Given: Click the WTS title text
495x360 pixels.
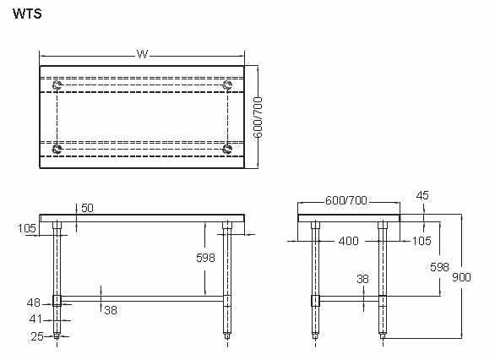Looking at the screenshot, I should (28, 14).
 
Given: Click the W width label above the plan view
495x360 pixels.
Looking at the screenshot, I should (142, 54).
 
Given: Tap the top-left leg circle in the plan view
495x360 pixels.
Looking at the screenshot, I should (57, 85).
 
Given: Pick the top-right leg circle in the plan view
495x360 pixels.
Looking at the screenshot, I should (226, 85).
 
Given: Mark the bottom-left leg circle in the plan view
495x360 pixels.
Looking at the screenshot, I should (57, 150).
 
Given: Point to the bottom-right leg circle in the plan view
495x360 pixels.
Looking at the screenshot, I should (226, 150).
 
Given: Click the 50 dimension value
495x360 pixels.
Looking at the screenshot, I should (88, 207).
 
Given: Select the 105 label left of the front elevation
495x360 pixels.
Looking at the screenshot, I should (27, 228).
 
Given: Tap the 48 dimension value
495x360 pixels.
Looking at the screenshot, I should (34, 302).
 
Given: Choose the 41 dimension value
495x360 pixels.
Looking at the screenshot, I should (34, 319).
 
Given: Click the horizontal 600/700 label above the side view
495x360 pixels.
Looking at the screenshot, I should (345, 200).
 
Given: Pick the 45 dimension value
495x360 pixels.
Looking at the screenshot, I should (422, 195).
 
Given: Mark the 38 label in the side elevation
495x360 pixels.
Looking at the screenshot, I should (362, 278).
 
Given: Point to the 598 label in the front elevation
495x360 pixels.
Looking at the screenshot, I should (205, 258).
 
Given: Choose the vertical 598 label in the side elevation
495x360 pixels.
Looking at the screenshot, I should (439, 267).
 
